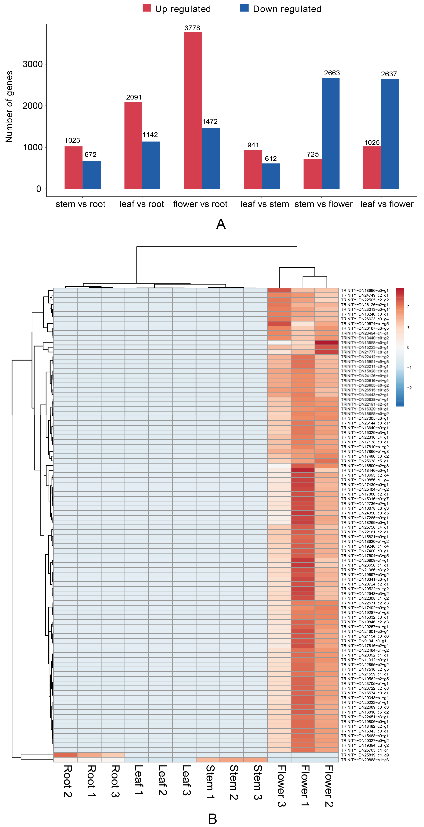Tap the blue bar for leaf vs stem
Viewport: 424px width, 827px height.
coord(271,176)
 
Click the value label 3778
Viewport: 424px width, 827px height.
coord(192,28)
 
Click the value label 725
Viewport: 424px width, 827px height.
coord(313,154)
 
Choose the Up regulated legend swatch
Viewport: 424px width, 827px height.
coord(147,8)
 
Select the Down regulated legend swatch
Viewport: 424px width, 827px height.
coord(245,8)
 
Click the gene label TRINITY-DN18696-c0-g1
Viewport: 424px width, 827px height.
coord(364,291)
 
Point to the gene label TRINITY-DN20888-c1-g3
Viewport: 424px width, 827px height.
coord(364,760)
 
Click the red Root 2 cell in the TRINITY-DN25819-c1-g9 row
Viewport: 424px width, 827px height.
coord(66,755)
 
